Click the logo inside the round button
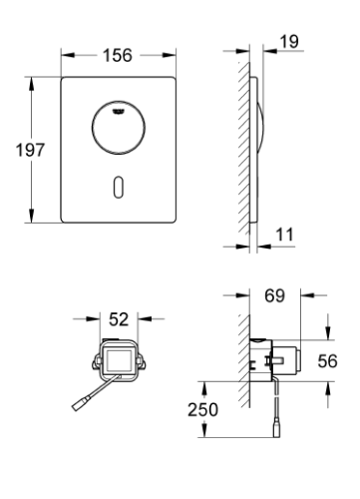(118, 112)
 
